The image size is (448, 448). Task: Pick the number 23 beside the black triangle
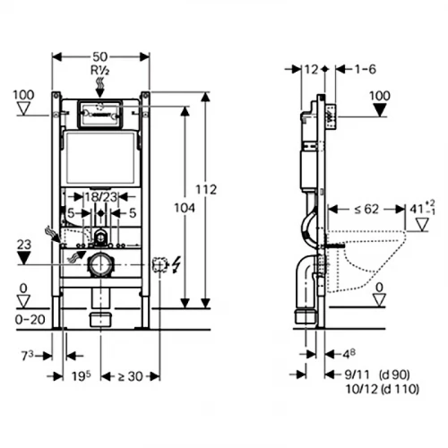[24, 242]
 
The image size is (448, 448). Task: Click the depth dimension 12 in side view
[311, 69]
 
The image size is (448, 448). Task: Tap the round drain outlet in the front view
[100, 264]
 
